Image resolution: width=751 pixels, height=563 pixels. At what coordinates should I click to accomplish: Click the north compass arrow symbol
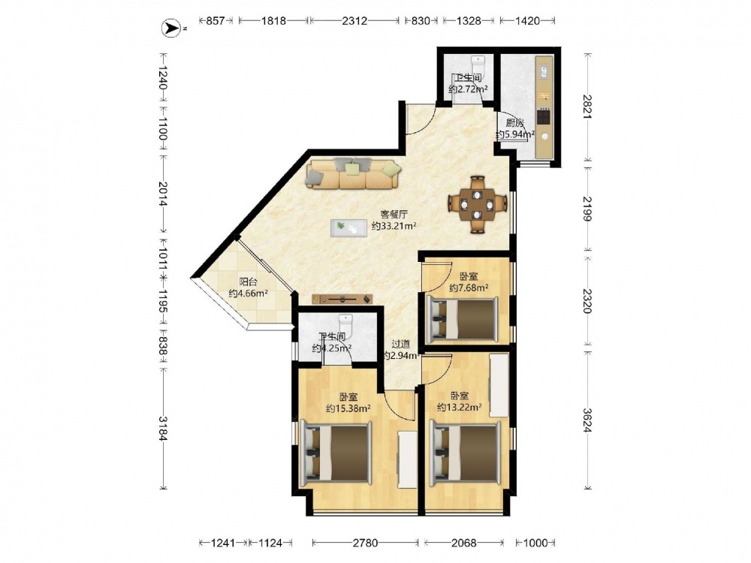point(170,29)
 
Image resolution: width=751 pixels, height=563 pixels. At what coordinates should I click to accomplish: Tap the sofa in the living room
point(354,173)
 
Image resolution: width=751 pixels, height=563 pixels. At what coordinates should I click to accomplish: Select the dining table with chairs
point(478,205)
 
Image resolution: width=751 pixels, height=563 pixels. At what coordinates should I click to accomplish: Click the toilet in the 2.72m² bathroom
point(478,64)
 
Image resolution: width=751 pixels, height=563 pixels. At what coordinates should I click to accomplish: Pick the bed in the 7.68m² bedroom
point(462,318)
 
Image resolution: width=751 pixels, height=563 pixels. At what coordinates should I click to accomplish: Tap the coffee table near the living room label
point(348,228)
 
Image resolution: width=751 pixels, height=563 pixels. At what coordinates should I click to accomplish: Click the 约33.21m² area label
point(394,226)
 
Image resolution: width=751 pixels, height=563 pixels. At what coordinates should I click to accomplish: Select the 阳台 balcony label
point(248,282)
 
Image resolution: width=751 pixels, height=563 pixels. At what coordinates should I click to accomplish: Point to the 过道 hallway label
point(400,344)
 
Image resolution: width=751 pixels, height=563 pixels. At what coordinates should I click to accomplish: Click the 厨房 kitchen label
point(515,122)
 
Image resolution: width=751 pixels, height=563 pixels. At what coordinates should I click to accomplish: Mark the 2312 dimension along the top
point(354,20)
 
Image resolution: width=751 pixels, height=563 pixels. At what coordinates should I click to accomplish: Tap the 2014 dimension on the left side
point(163,194)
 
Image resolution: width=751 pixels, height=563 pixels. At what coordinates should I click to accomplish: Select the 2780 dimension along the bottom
point(366,543)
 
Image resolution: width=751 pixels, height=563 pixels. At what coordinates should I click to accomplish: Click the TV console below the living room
point(342,300)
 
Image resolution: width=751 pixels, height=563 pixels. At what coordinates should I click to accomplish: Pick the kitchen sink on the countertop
point(544,71)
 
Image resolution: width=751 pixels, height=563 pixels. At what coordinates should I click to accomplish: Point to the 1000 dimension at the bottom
point(535,543)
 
